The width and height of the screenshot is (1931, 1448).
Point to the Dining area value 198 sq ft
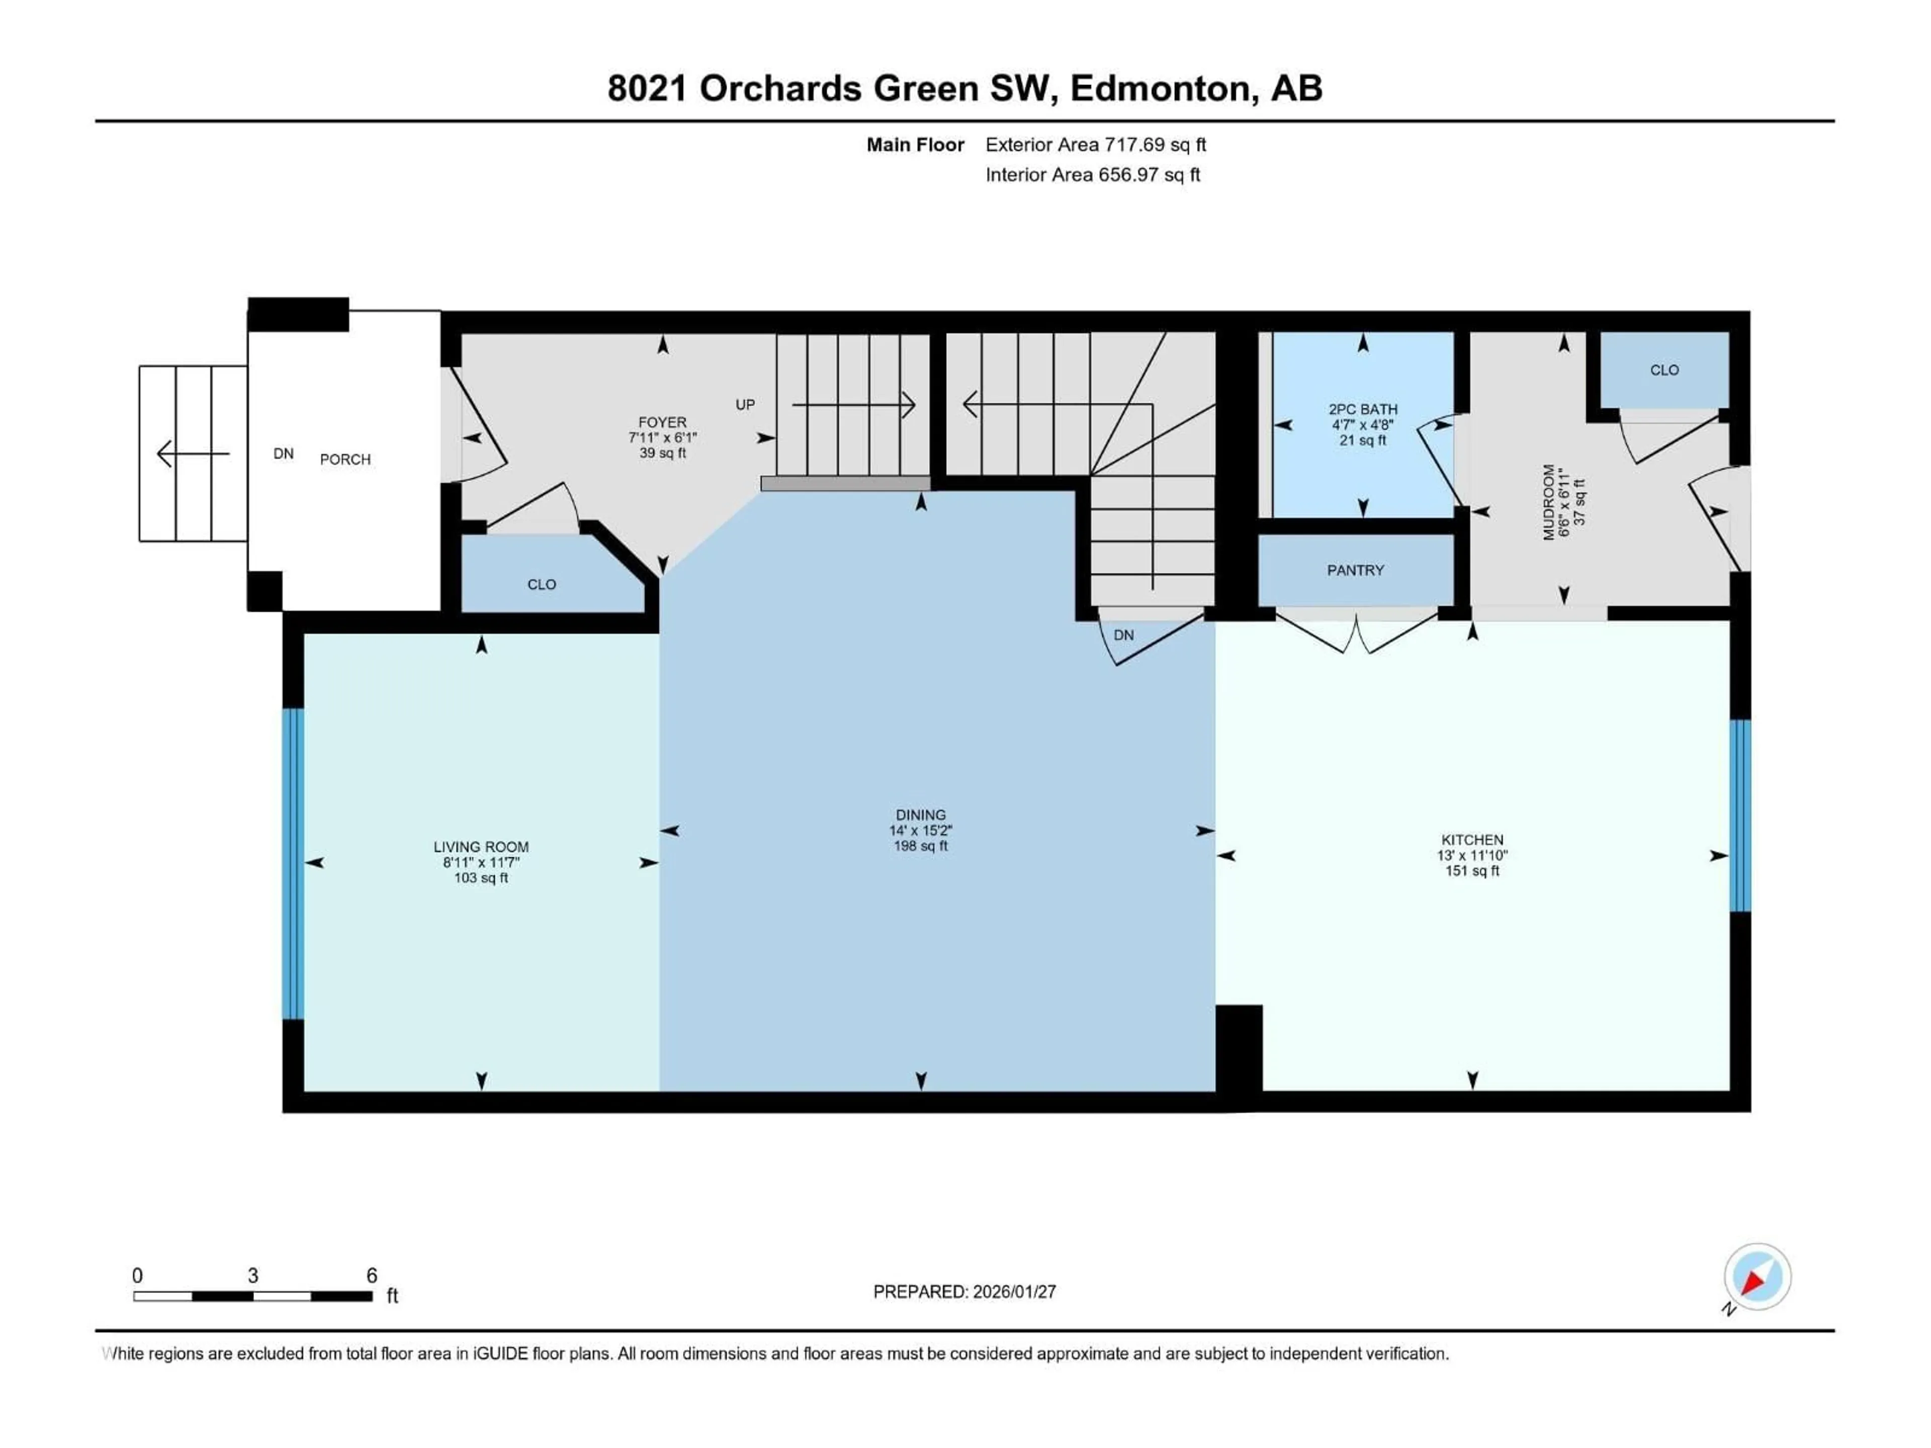point(920,846)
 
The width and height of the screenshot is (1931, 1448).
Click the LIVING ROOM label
point(481,847)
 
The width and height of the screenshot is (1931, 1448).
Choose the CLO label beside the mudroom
point(1664,370)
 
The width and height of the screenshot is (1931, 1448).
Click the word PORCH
point(345,459)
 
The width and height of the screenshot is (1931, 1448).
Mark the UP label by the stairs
point(745,405)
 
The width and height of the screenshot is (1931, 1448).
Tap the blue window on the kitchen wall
point(1740,815)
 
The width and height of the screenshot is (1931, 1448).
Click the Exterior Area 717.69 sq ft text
point(1096,145)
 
